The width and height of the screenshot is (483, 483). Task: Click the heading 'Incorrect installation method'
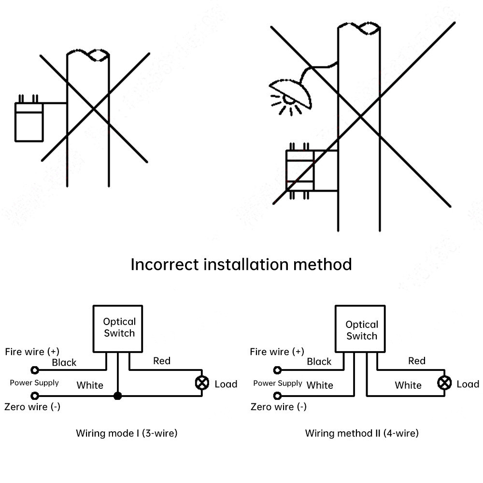241,265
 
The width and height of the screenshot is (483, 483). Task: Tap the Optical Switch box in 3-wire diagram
118,328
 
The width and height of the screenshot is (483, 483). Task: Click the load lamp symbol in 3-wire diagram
201,384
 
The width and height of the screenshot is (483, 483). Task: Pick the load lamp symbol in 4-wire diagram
443,384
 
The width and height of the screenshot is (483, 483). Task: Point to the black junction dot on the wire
117,397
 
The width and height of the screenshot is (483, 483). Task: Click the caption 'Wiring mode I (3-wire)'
127,433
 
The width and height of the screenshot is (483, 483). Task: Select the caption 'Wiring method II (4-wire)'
362,433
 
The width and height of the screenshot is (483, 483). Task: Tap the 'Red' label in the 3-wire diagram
162,361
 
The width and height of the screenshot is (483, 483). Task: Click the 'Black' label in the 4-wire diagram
319,361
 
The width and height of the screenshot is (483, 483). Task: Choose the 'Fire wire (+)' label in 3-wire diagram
32,352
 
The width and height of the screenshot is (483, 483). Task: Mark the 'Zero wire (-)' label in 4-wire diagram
279,407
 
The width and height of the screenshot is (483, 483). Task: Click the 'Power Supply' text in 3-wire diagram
34,383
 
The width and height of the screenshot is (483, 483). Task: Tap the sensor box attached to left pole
28,123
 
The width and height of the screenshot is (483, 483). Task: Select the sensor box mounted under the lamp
300,170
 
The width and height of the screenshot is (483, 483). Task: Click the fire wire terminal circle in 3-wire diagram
35,370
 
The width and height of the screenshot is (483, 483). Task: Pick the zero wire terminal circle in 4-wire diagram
277,397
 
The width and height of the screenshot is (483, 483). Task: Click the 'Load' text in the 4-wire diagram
468,384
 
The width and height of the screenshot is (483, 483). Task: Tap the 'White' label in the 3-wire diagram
90,385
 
